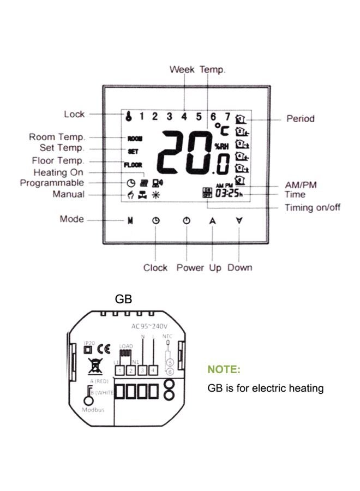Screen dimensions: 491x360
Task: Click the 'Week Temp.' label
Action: (197, 69)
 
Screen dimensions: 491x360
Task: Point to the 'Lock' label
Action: (74, 114)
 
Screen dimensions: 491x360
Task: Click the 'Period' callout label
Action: (301, 118)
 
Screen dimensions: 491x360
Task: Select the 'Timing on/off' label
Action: (313, 207)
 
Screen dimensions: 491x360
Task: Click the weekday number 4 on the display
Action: (184, 116)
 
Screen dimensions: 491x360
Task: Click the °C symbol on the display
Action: (221, 129)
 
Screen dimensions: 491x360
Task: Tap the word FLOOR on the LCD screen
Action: (133, 164)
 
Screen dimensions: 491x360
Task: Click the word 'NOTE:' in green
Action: (224, 370)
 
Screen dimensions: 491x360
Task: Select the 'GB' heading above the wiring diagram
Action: (123, 300)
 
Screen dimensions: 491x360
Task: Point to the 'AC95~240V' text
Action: (148, 326)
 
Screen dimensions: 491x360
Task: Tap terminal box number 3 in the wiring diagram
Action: (142, 371)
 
